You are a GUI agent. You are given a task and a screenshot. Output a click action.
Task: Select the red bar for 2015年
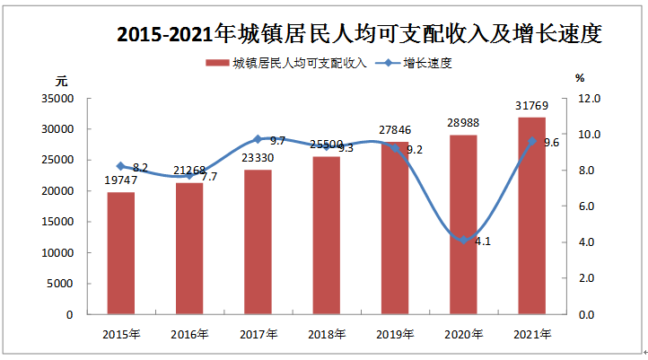(x=121, y=253)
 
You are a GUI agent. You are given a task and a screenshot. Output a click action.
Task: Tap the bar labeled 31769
(x=531, y=215)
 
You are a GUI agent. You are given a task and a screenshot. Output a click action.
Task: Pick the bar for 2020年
(x=463, y=224)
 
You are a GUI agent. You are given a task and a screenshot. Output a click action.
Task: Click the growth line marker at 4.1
(x=463, y=240)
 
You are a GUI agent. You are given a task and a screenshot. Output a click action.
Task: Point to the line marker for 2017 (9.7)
(x=258, y=139)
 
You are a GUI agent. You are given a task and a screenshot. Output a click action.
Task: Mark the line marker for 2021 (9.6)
(x=531, y=141)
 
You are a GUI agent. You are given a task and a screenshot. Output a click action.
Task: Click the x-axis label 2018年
(x=326, y=334)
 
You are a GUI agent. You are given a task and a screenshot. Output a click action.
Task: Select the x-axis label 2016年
(x=189, y=334)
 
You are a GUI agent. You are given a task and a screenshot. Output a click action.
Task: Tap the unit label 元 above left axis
(x=62, y=80)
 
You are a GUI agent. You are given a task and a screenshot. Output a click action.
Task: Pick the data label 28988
(x=463, y=122)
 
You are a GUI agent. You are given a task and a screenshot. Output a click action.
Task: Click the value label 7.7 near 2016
(x=209, y=178)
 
